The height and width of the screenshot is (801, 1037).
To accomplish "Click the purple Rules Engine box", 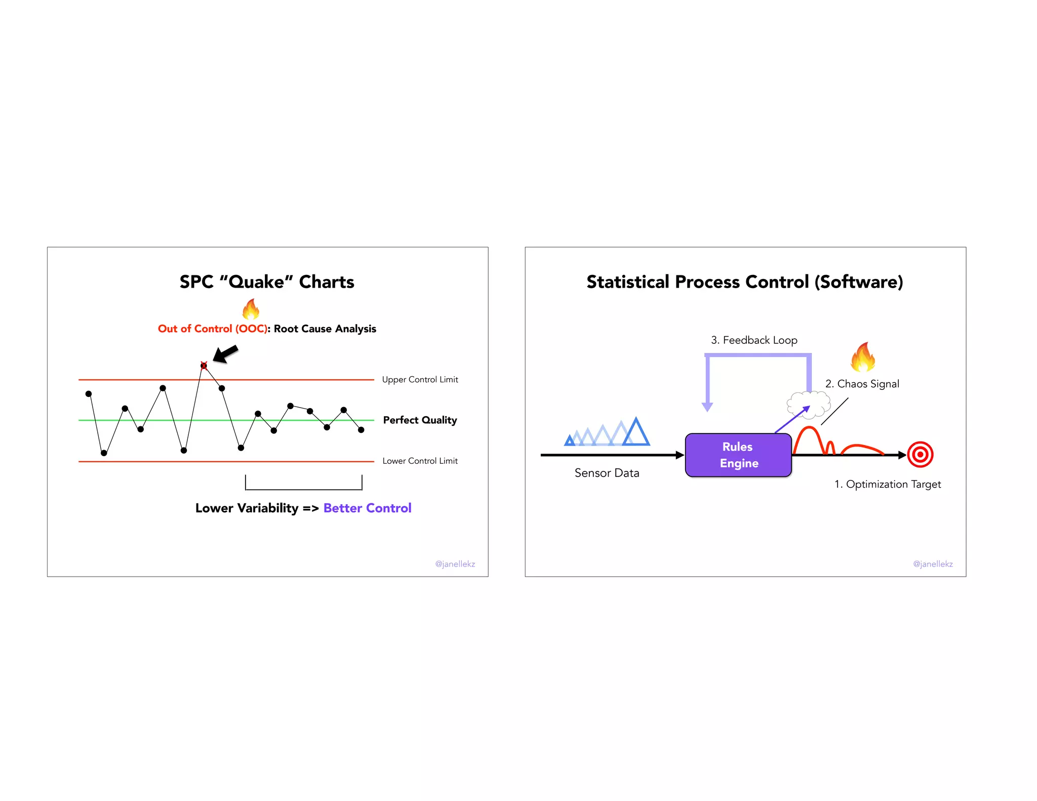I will tap(738, 455).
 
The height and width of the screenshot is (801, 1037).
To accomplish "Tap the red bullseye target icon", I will tap(920, 455).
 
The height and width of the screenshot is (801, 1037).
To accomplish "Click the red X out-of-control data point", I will tap(204, 365).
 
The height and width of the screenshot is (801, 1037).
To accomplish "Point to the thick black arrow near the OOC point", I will tap(225, 353).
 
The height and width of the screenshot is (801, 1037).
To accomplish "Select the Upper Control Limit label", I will tap(420, 380).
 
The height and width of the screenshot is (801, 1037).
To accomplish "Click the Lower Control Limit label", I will tap(420, 461).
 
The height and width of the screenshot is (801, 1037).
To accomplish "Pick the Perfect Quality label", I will tap(420, 420).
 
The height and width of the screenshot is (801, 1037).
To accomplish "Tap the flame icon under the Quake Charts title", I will tap(251, 309).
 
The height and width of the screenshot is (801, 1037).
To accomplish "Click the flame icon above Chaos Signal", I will tap(863, 357).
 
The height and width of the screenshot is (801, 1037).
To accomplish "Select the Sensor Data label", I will tap(607, 473).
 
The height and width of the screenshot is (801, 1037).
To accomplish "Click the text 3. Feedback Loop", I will tap(754, 340).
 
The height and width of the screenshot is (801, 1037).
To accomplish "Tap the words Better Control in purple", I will tap(367, 508).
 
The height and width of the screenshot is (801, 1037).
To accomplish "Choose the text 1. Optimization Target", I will tap(888, 484).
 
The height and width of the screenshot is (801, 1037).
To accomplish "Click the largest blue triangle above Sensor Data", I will tap(636, 433).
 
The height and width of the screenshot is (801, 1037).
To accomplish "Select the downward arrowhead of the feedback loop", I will tap(707, 407).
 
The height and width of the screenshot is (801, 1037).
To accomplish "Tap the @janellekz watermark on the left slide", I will tap(455, 564).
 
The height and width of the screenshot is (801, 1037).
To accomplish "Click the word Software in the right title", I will tap(859, 282).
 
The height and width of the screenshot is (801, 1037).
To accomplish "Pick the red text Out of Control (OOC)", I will tap(213, 329).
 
